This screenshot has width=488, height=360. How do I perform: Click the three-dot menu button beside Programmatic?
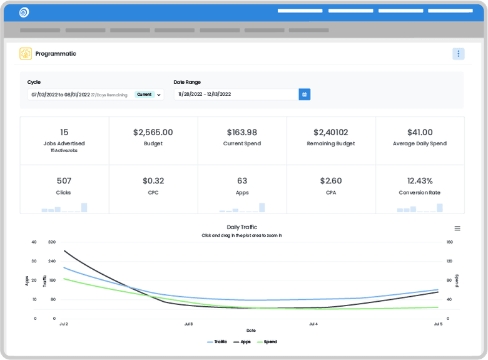(458, 54)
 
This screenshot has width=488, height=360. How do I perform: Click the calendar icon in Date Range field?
(305, 95)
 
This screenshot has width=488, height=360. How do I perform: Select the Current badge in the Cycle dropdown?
(144, 95)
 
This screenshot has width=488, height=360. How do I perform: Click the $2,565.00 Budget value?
(153, 132)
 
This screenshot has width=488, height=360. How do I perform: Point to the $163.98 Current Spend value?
(241, 132)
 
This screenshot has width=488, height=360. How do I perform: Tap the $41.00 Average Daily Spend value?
(419, 132)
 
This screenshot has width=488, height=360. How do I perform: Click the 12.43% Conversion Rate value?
(419, 181)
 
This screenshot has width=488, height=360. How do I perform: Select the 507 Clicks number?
(64, 181)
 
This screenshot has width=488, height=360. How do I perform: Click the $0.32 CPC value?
(153, 181)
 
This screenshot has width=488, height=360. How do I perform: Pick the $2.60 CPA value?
(330, 181)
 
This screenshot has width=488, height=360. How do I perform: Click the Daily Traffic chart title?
(241, 227)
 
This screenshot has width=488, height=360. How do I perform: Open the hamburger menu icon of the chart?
(457, 229)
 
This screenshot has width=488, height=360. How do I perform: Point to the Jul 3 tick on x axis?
(188, 324)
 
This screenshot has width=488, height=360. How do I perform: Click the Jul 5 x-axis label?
(438, 324)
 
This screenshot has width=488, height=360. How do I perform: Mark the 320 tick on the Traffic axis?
(52, 242)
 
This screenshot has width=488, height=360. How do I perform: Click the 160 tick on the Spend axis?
(449, 242)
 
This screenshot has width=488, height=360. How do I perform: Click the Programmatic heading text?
(56, 54)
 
